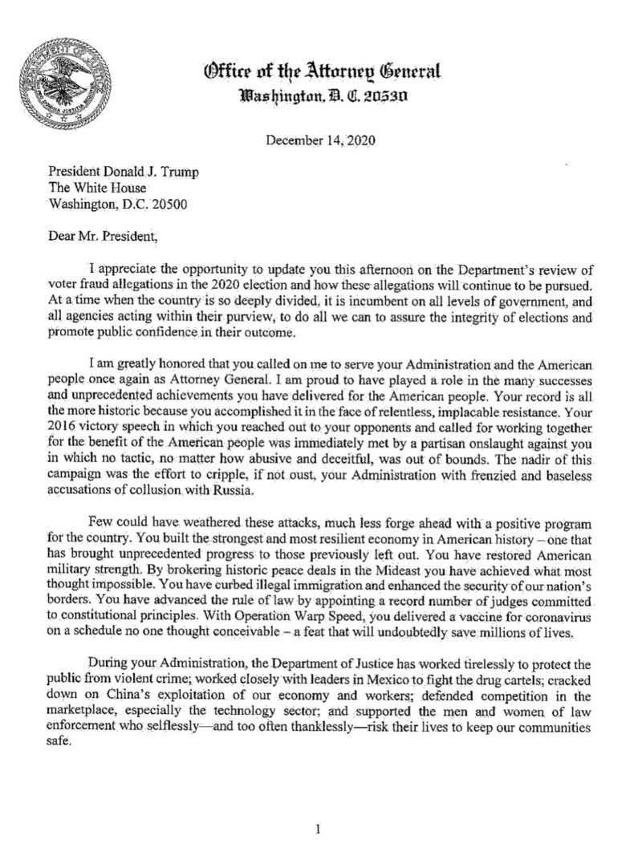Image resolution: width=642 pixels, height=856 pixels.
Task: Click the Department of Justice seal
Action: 64,88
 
